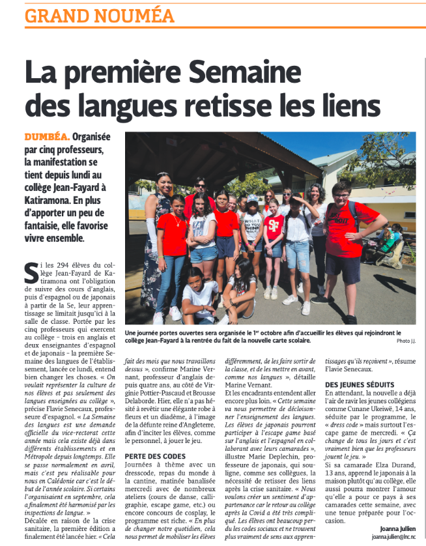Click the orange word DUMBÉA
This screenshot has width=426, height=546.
46,137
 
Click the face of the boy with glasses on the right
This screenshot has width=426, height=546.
341,192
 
